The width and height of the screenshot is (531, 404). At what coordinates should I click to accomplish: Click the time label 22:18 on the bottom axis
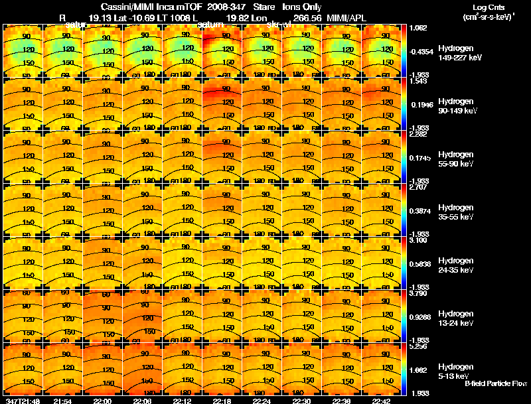pos(222,401)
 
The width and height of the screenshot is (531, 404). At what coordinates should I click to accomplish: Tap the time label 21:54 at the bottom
pos(62,401)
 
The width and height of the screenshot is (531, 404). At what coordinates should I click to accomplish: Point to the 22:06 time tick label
pos(143,401)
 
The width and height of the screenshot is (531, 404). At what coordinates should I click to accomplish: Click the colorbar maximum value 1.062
pos(418,28)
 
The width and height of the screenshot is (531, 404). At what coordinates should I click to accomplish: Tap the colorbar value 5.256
pos(418,346)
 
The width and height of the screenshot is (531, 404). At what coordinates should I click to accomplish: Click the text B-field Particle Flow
pos(496,383)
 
